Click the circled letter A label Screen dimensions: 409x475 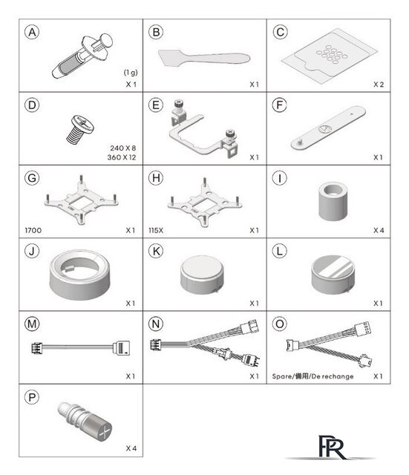tap(32, 32)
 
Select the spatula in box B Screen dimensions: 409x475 tap(204, 58)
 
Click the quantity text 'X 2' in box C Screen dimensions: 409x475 tap(379, 85)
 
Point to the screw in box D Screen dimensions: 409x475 tap(80, 129)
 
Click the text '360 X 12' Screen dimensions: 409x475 tap(122, 157)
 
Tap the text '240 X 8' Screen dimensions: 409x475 tap(123, 148)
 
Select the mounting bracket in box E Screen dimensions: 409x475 tap(203, 129)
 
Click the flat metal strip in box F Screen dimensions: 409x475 tap(328, 128)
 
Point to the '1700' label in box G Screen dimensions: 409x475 tap(33, 231)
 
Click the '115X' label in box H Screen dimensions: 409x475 tap(156, 231)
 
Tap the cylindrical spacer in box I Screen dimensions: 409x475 tap(333, 201)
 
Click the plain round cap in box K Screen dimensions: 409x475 tap(202, 275)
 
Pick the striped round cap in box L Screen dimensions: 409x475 tap(333, 275)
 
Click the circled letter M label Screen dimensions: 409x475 tap(32, 324)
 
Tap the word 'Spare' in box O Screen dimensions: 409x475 tap(281, 376)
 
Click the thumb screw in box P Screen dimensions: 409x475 tap(85, 422)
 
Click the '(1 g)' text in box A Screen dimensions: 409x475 tap(131, 73)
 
